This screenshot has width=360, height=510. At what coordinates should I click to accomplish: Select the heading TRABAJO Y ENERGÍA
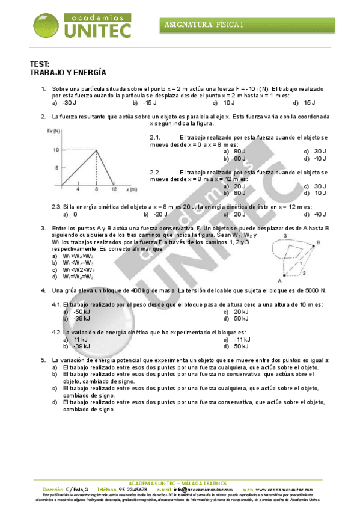[68, 73]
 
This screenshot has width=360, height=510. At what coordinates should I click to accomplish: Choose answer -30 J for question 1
[69, 103]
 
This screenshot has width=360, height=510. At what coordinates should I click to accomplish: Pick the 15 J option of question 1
[310, 103]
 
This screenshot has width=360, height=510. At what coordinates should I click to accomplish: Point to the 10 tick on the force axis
[55, 150]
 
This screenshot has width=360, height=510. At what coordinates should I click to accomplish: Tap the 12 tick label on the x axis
[114, 189]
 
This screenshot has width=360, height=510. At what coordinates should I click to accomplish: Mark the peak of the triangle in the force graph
[96, 150]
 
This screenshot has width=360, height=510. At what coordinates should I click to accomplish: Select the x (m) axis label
[132, 189]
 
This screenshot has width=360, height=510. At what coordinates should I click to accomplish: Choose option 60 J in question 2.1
[239, 158]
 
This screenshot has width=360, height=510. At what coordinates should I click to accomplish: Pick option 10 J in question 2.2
[319, 193]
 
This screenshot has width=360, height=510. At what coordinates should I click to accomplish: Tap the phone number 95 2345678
[133, 490]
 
